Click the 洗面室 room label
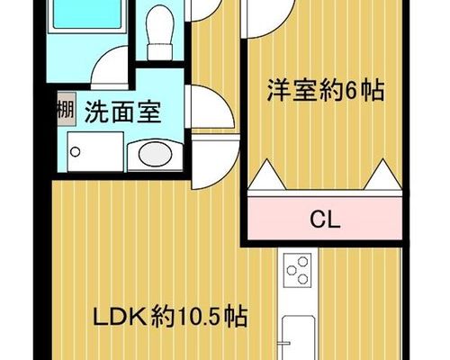pos(123,112)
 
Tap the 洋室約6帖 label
pos(326,90)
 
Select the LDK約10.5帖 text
pos(170,316)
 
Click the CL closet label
pos(325,220)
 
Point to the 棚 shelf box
pos(66,109)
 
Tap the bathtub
pos(87,14)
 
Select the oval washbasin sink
pos(155,155)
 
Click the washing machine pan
pos(95,152)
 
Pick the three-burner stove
pos(298,270)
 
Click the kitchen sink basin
pos(299,337)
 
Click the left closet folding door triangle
pos(267,175)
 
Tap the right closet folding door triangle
pos(382,175)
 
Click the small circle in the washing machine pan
pos(75,152)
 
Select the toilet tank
pos(160,51)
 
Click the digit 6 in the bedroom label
pos(351,90)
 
